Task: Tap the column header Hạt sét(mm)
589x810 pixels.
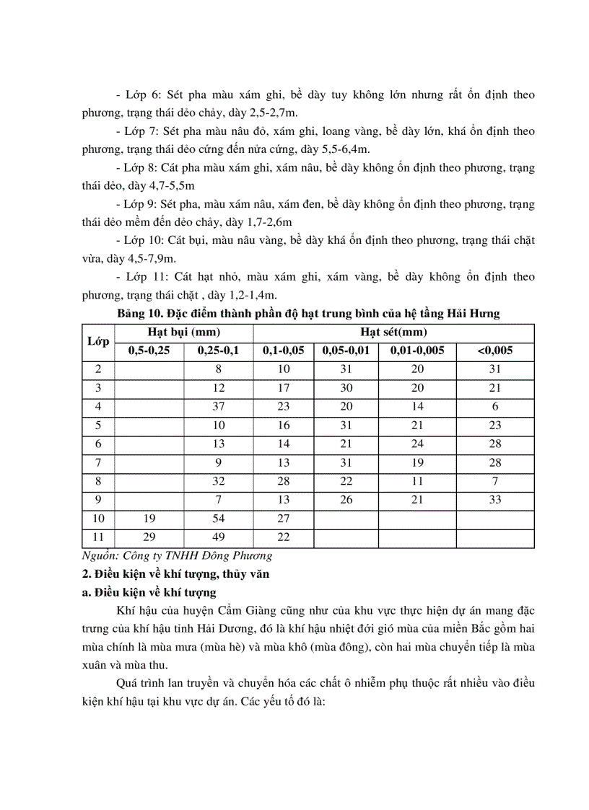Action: click(x=393, y=332)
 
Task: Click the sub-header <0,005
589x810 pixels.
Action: click(x=494, y=351)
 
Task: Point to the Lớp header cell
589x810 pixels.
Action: click(x=98, y=341)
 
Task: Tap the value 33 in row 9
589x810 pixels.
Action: click(x=494, y=500)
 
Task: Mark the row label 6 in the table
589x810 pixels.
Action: click(x=98, y=444)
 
